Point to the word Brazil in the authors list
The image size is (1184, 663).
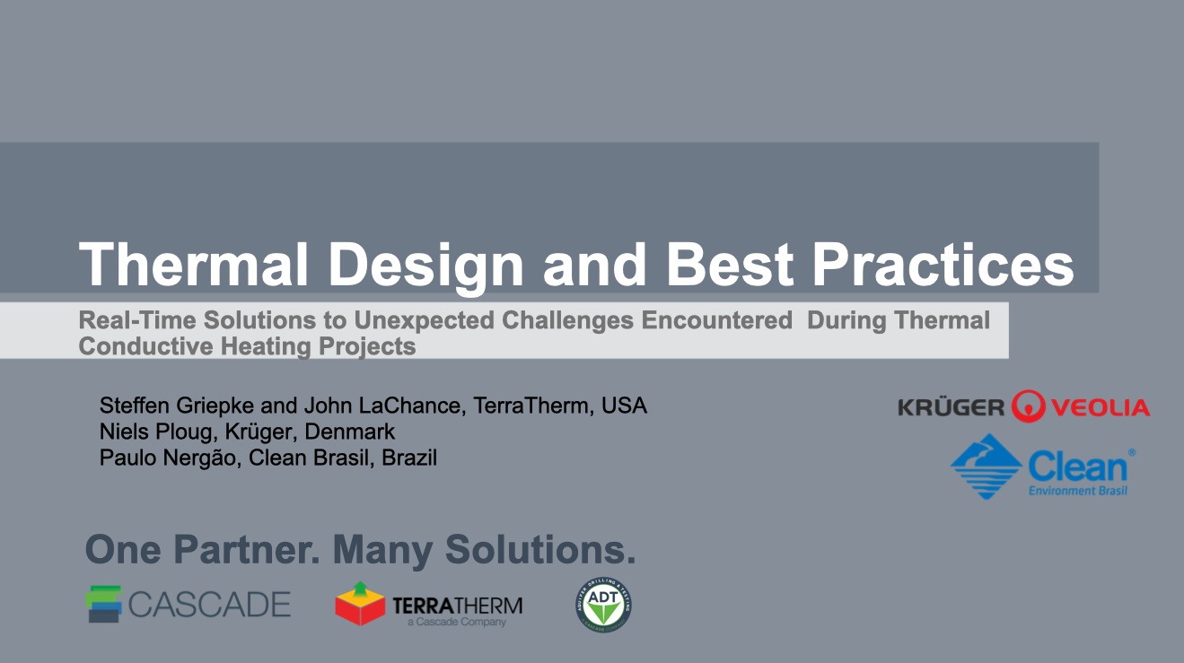click(409, 458)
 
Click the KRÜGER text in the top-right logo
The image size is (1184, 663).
click(951, 408)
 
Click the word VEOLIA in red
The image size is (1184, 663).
click(1100, 408)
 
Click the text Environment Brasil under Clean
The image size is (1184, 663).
click(1077, 491)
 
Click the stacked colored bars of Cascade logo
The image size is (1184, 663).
click(104, 604)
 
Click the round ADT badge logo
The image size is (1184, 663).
click(603, 604)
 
